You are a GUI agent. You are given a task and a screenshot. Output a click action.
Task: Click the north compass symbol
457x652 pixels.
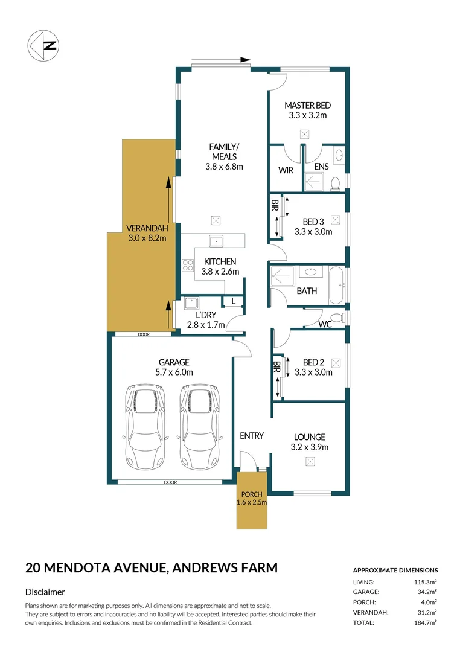[43, 45]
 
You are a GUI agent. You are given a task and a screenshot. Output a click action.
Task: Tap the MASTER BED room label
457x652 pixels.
[307, 105]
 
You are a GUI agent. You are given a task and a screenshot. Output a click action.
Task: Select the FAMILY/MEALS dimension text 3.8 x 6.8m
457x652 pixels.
[223, 167]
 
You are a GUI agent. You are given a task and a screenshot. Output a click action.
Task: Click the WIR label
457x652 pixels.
[286, 170]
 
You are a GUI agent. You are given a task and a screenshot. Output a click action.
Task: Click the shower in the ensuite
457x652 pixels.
[315, 181]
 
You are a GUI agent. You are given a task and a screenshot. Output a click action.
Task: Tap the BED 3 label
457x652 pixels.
[313, 221]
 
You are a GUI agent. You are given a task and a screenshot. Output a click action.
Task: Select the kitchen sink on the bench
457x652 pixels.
[216, 241]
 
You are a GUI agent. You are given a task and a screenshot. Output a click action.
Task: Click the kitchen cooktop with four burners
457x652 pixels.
[187, 266]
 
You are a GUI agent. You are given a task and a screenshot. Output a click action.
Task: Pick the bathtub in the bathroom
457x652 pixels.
[336, 286]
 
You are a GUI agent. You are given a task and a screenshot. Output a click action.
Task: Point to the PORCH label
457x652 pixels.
[251, 494]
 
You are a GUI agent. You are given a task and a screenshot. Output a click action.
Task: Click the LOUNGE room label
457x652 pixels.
[309, 437]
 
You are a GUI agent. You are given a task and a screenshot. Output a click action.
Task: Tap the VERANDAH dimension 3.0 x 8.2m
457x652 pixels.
[147, 238]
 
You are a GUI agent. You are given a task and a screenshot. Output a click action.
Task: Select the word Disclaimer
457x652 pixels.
[45, 592]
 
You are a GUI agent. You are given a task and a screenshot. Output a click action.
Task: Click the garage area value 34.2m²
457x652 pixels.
[426, 592]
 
